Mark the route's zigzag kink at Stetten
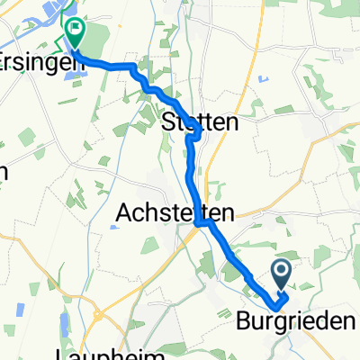coord(192,137)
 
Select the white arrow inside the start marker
coord(281,269)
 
